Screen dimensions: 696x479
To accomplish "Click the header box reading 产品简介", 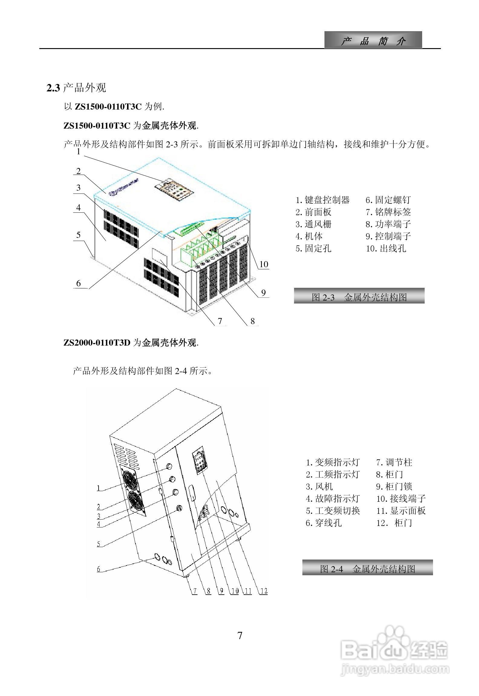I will pos(373,40).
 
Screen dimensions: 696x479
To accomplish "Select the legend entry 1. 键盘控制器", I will pos(322,200).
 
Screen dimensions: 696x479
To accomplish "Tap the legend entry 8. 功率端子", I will pos(388,224).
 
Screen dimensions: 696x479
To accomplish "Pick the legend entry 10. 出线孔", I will pos(386,248).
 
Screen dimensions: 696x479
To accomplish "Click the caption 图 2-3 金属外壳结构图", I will pos(359,297).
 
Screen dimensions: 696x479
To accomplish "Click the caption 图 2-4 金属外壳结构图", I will pos(367,569).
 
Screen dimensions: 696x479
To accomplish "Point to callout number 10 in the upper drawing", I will pos(264,264).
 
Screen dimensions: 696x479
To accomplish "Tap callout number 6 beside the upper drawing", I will pos(79,283).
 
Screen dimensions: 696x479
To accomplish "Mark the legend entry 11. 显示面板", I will pos(401,511).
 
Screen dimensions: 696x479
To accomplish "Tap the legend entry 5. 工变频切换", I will pos(333,511).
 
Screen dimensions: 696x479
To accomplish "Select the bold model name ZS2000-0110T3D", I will pos(97,343).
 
